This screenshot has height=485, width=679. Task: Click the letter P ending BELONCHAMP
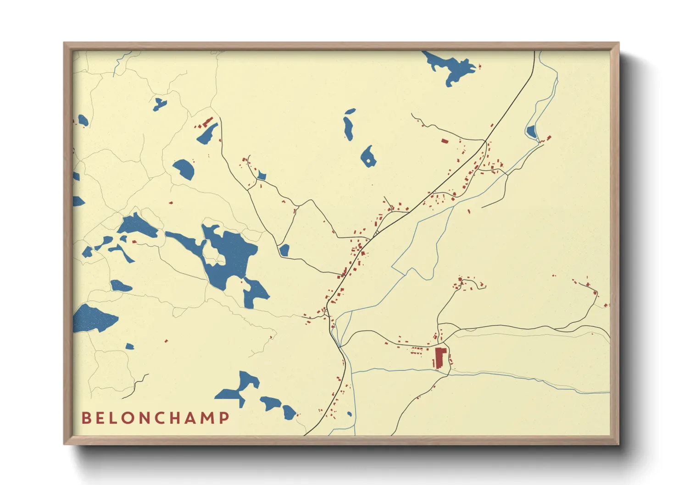224,418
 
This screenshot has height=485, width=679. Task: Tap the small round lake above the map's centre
368,157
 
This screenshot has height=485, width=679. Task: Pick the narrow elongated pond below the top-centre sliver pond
348,128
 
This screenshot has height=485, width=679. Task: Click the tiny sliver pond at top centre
350,111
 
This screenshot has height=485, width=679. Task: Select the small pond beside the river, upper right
531,132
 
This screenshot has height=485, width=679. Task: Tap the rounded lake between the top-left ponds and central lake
184,169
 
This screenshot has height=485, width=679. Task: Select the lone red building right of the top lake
480,66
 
